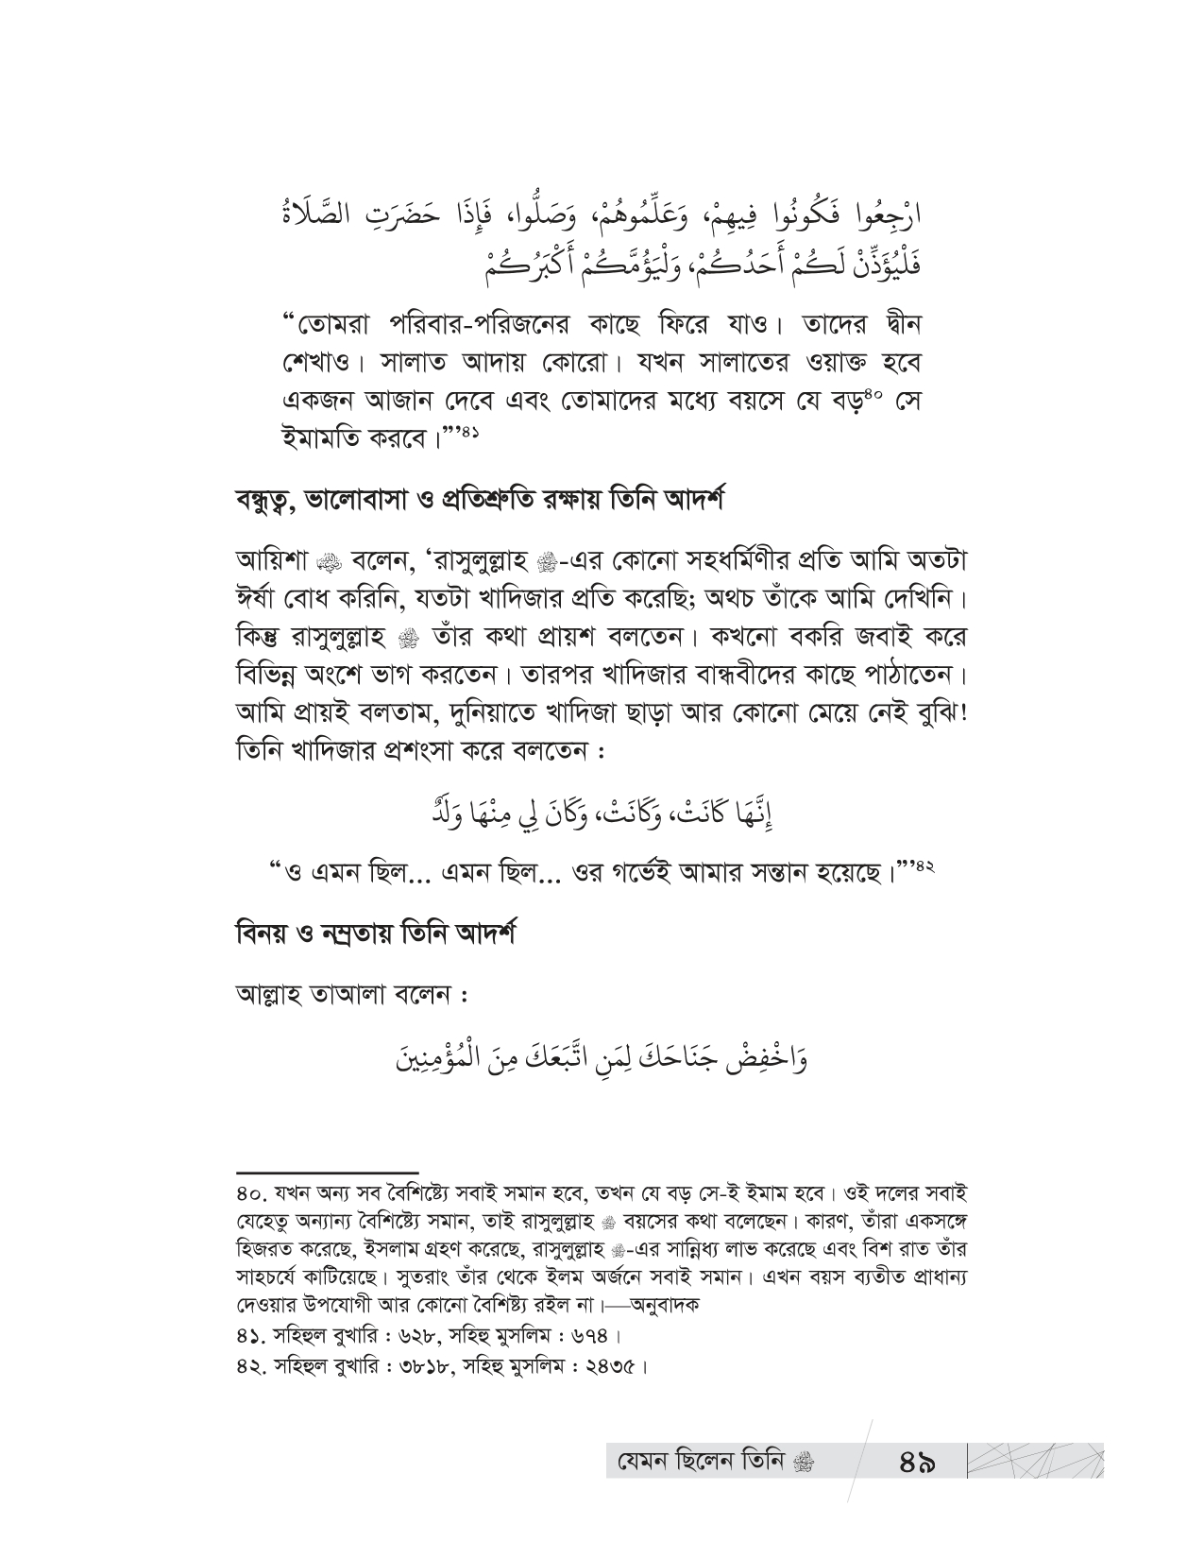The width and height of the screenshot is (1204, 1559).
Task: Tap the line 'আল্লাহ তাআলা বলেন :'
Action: (x=356, y=996)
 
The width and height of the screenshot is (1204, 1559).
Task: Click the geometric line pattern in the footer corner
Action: (x=1035, y=1460)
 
